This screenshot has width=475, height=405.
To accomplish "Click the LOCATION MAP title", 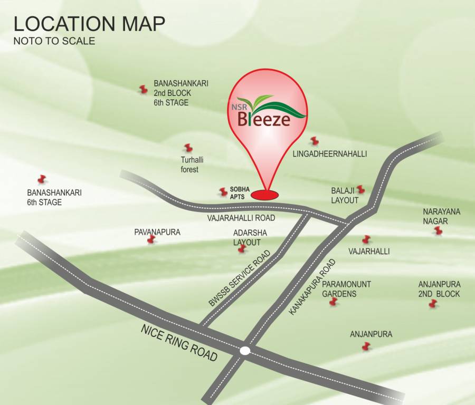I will coord(89,24).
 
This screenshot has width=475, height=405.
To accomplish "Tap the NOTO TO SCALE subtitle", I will coord(54,41).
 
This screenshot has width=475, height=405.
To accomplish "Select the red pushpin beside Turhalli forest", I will coord(188,148).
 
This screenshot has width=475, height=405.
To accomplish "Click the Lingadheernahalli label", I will coord(329,153).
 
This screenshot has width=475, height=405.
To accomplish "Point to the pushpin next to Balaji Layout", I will coord(360,189).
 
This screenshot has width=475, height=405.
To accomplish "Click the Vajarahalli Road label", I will coord(241,217).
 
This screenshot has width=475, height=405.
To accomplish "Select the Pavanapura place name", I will coord(157,232).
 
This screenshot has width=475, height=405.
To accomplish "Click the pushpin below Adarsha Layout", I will coord(242,248).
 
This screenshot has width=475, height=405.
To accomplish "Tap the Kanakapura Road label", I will coord(312,287).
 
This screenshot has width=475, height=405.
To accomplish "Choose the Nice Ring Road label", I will coord(179,343).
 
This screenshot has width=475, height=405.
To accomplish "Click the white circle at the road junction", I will coord(245,350).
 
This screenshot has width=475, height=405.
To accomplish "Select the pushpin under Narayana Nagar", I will coord(438,230).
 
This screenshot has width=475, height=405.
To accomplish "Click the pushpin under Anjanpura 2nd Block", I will coord(433,304).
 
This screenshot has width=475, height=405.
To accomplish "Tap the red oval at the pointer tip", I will coord(264,195).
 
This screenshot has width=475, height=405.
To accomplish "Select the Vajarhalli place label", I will coord(369,252).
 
